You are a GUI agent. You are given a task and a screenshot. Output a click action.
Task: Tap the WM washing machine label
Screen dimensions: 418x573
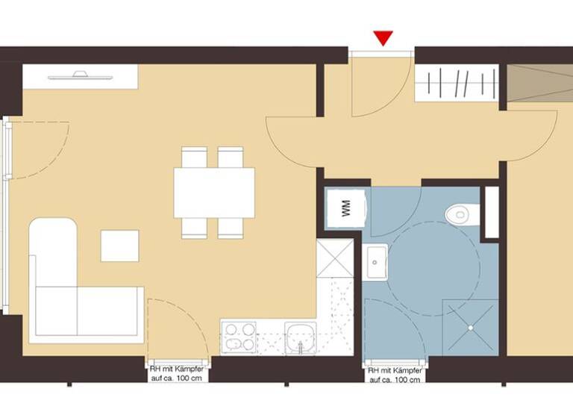346,208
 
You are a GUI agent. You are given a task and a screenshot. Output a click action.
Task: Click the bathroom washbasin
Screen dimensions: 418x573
376,263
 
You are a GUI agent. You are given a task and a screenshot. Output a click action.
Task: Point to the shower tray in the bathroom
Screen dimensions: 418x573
470,327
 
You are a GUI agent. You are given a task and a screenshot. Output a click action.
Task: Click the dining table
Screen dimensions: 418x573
214,192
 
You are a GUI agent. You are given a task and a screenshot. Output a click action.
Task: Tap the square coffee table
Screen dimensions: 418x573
119,246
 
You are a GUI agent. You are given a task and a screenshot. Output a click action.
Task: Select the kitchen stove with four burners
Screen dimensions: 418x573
239,337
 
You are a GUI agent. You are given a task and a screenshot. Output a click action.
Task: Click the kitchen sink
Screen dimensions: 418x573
301,338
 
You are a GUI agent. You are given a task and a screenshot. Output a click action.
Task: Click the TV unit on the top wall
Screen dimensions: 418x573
80,76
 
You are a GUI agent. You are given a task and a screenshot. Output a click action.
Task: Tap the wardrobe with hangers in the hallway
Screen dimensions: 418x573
457,82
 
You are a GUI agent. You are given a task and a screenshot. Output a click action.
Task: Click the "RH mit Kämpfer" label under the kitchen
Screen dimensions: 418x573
176,373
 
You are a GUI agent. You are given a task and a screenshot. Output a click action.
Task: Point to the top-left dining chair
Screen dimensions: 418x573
195,157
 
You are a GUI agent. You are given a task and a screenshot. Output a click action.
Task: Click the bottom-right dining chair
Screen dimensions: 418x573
231,227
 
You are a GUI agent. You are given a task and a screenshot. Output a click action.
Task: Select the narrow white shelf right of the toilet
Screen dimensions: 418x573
491,212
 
